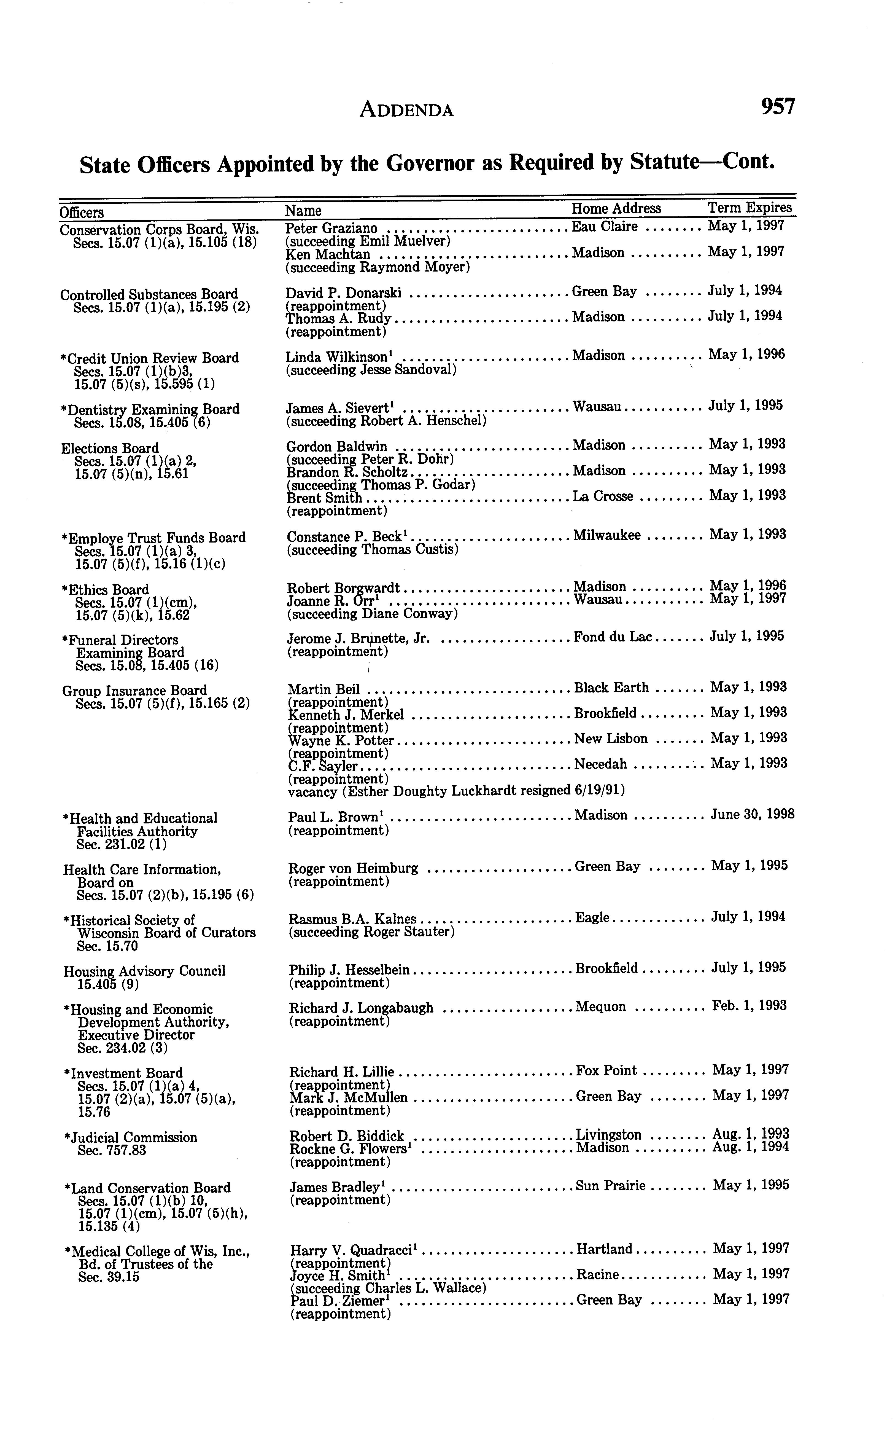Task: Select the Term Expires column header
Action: click(x=750, y=207)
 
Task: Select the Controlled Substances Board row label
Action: click(x=149, y=294)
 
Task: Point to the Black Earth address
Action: click(x=611, y=688)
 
